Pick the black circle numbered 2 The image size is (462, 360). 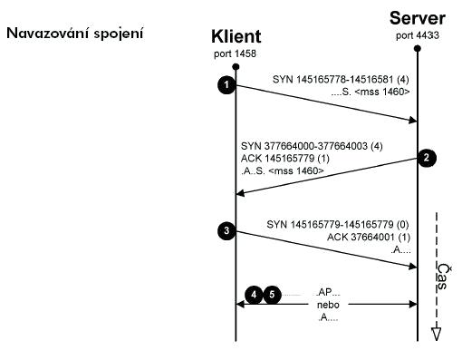point(428,157)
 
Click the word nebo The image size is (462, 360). point(326,306)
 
